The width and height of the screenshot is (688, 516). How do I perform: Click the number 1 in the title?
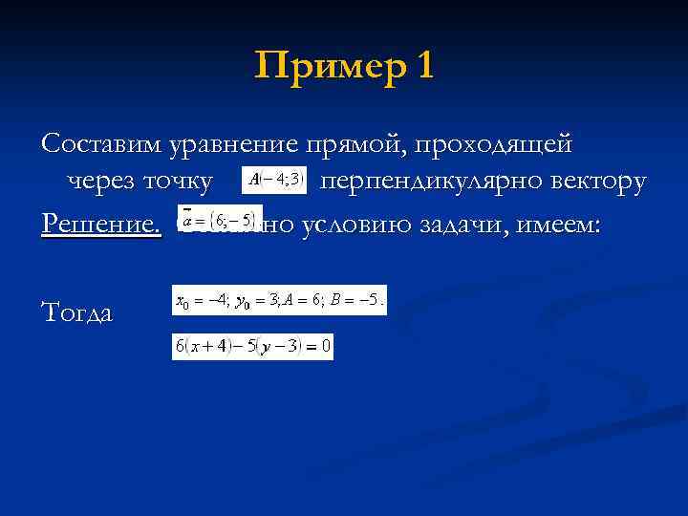(x=423, y=66)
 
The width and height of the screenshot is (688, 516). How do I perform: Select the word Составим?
(x=102, y=144)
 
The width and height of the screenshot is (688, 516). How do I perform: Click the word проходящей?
(x=491, y=144)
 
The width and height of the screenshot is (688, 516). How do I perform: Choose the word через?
(x=100, y=181)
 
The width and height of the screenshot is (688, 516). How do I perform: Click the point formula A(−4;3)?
(x=274, y=179)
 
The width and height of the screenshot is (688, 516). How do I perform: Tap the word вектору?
(x=603, y=181)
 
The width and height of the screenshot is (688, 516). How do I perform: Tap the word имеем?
(x=565, y=223)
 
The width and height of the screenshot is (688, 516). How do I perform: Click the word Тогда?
(x=77, y=312)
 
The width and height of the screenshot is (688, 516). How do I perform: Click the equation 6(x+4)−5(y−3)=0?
(x=252, y=347)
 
